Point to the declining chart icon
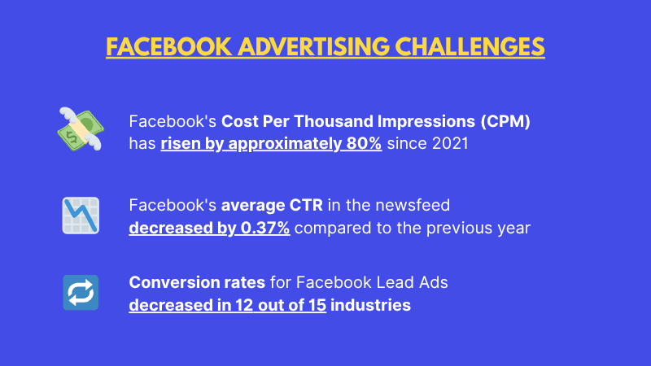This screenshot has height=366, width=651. (80, 216)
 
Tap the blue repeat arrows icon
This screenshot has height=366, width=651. (81, 293)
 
